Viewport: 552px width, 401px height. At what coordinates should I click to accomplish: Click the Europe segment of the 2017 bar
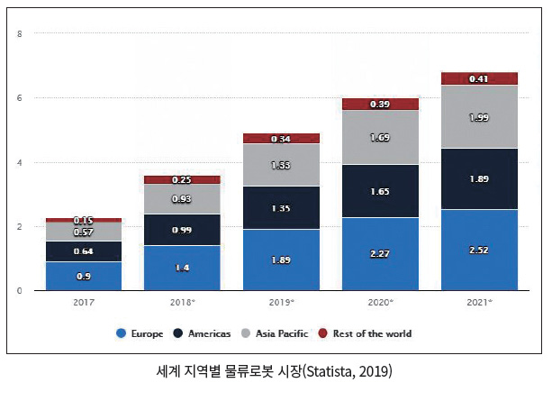pos(84,276)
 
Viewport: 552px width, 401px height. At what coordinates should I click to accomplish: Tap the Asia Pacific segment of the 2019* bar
pos(281,165)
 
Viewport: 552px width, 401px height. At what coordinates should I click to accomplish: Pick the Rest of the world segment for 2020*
pos(380,104)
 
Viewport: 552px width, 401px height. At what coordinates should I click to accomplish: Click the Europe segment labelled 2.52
pos(479,250)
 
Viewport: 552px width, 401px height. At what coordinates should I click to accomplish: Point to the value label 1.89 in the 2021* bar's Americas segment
pos(479,179)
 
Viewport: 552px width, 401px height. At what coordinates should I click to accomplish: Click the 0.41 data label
pos(479,79)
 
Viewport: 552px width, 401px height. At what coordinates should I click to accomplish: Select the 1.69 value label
pos(380,137)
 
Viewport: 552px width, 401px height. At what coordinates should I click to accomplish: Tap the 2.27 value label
pos(380,254)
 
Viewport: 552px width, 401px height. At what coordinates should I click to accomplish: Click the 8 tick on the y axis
pos(20,34)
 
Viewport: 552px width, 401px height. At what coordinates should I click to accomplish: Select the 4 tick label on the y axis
pos(20,163)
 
